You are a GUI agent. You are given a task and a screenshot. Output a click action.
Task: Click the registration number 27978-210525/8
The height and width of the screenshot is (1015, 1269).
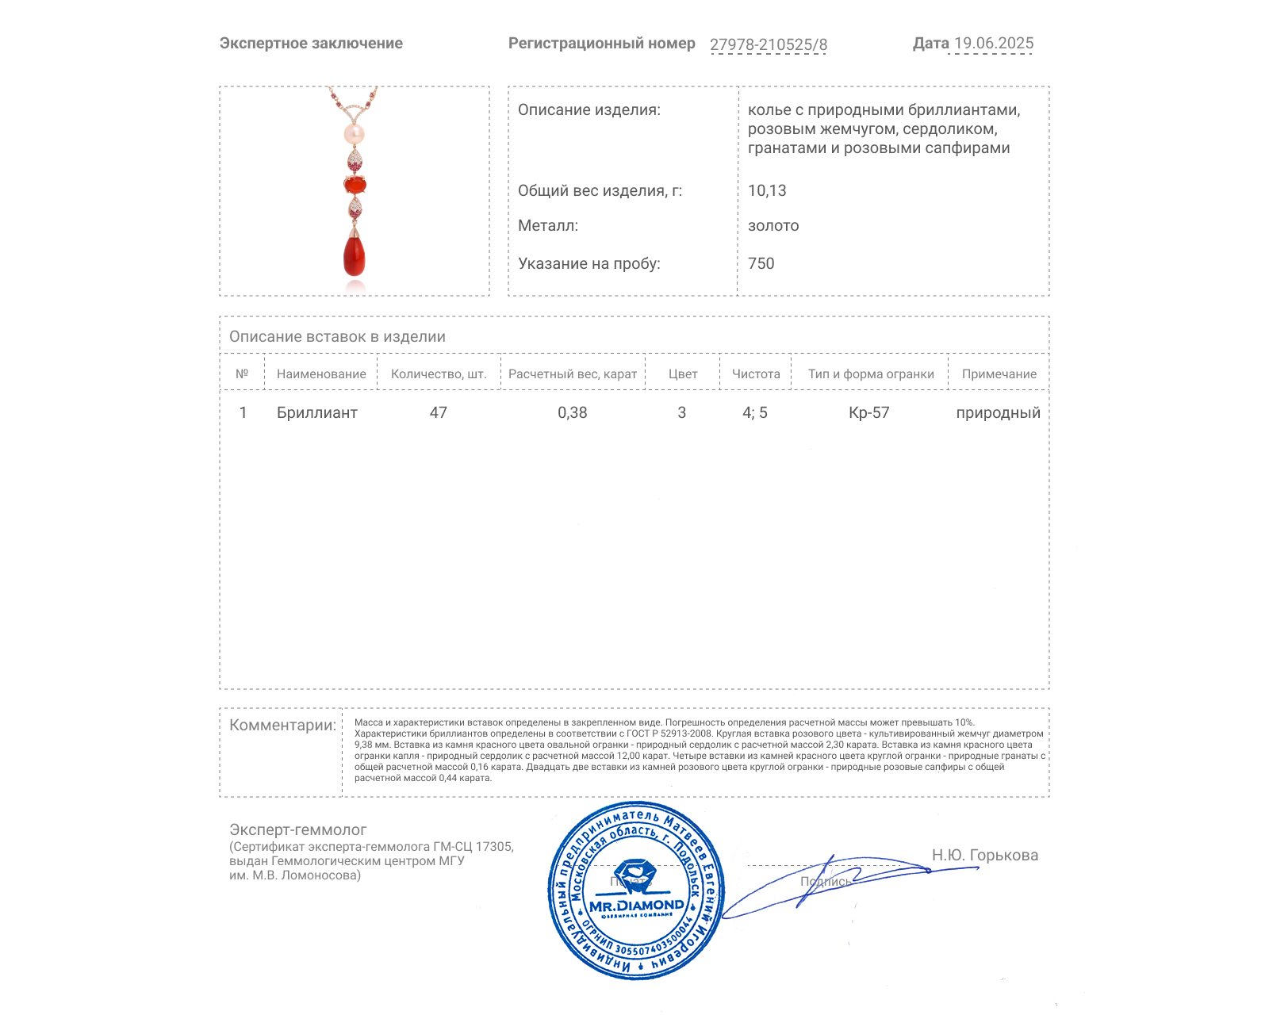click(768, 45)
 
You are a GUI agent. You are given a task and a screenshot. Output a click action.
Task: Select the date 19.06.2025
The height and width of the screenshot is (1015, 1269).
click(993, 44)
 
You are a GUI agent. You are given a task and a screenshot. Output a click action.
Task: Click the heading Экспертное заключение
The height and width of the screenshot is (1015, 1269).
click(311, 44)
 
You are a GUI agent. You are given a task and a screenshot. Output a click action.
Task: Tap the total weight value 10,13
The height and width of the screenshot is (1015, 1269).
click(767, 191)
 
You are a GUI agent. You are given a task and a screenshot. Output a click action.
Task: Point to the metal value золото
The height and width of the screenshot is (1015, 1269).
click(773, 226)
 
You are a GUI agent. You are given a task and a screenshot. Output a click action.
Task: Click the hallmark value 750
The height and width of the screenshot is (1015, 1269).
click(761, 264)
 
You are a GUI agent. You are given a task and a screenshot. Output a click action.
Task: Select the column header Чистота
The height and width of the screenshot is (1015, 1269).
click(755, 374)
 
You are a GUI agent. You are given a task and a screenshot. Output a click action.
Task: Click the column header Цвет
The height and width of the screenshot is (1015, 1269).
click(682, 374)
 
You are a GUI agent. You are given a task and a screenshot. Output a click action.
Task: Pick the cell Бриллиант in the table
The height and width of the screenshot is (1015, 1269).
click(316, 413)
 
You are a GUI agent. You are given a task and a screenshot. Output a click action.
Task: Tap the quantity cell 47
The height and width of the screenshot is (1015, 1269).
click(438, 413)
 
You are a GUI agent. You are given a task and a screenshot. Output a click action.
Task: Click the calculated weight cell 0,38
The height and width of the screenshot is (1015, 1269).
click(572, 413)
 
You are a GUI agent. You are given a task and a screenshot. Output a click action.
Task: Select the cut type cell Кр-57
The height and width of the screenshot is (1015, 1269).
click(868, 413)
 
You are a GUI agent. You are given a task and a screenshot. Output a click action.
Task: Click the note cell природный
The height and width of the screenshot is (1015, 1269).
click(998, 413)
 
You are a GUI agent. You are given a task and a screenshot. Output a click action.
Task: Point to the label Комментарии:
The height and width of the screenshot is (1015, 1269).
click(282, 726)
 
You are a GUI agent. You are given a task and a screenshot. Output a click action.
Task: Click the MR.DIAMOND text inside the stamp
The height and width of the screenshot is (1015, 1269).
click(636, 906)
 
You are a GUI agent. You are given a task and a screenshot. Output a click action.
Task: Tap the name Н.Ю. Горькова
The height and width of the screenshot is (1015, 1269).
click(984, 856)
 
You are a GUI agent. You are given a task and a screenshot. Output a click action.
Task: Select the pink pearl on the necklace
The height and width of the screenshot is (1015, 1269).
click(354, 134)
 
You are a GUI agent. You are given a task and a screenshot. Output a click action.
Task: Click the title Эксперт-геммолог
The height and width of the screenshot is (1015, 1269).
click(297, 830)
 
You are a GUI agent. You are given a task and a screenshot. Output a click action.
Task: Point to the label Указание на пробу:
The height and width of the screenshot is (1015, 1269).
click(588, 264)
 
